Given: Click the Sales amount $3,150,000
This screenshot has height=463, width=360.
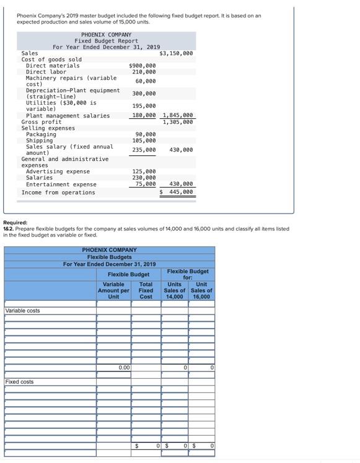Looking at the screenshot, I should (176, 53).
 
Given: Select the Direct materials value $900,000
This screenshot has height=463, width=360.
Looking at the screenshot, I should (143, 66).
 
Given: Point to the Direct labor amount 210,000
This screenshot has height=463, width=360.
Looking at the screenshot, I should (144, 72).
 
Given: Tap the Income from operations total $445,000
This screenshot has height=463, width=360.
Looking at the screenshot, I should (178, 193).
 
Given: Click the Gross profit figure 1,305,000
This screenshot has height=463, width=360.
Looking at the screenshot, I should (178, 122).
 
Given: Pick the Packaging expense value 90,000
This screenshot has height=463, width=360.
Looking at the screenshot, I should (146, 134).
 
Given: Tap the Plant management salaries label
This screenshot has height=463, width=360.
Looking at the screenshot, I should (68, 116).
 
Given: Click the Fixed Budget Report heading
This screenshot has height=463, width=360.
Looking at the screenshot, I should (107, 41).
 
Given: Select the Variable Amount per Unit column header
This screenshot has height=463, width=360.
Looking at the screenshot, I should (113, 290).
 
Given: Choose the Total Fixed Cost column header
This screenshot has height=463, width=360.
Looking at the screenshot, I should (146, 290).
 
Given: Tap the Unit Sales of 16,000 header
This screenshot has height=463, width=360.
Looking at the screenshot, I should (201, 290).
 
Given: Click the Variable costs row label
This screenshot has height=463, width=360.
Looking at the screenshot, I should (22, 311).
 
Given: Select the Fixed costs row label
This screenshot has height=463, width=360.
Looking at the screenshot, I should (19, 382).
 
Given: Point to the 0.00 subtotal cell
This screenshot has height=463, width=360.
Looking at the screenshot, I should (124, 368).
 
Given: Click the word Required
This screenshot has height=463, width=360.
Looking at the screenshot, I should (15, 222).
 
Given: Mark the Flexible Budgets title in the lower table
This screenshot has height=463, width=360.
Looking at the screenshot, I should (109, 257).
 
